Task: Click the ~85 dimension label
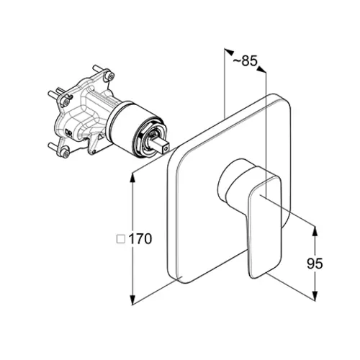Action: (245, 61)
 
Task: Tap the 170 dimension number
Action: (140, 239)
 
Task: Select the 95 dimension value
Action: (315, 264)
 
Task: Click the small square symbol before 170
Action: (121, 239)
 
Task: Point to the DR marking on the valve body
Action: (68, 132)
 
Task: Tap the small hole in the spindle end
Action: (166, 150)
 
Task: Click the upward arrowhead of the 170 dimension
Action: (132, 178)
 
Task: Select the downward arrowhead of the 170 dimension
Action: (132, 300)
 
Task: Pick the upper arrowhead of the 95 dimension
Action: (315, 231)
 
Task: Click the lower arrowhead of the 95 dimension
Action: (315, 295)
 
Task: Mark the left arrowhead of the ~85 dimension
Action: (229, 51)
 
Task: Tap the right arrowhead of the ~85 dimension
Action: (261, 69)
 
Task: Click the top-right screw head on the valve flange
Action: (110, 76)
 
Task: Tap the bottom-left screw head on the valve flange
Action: (65, 153)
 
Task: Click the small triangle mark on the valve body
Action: (101, 138)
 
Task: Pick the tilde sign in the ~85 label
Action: (237, 62)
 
